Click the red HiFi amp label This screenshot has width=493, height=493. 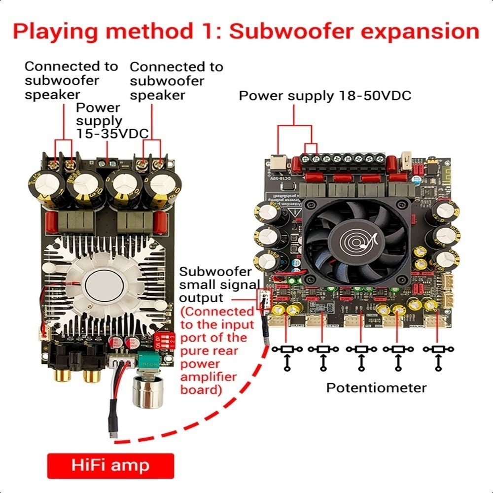click(x=110, y=465)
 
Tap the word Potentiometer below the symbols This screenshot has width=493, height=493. click(x=376, y=387)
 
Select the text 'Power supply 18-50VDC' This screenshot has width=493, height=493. click(x=325, y=96)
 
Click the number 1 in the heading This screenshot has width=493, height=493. click(x=201, y=32)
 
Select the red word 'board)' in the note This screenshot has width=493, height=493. click(x=200, y=389)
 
